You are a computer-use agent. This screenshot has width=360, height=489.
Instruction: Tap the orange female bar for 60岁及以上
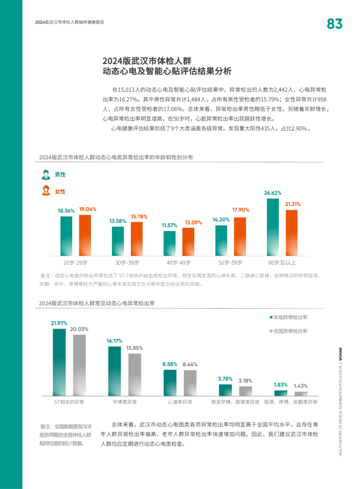coord(291,233)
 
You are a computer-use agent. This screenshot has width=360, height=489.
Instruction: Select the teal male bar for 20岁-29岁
coord(67,236)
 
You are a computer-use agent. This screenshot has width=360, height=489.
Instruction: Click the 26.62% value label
coord(273,193)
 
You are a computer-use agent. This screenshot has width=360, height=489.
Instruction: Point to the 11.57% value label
coord(169,225)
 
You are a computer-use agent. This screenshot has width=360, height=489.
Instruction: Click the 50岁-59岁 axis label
coord(230,263)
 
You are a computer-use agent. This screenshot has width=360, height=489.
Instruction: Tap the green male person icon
coord(45,175)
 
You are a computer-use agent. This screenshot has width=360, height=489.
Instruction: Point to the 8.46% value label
coord(190,364)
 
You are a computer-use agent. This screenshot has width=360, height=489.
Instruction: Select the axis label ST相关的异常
coord(69,402)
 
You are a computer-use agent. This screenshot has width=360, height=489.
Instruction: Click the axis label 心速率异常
coord(180,402)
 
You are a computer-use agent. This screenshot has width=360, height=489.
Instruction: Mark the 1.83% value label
coord(281,385)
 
